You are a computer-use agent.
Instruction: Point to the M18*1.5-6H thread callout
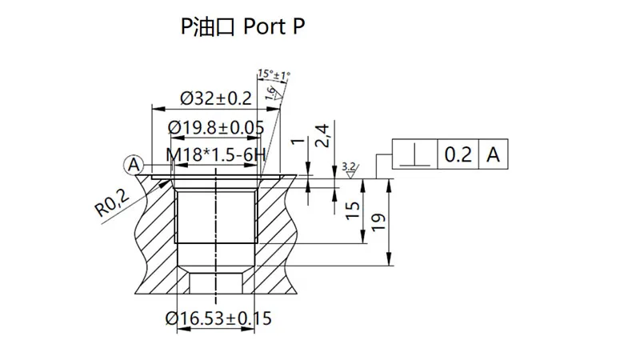click(x=215, y=154)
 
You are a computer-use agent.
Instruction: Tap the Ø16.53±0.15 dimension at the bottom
click(x=218, y=318)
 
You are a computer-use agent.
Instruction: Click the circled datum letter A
click(x=134, y=165)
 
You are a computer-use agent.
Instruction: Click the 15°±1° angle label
click(x=274, y=74)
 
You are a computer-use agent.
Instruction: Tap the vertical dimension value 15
click(x=350, y=212)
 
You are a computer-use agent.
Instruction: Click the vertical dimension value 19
click(x=378, y=220)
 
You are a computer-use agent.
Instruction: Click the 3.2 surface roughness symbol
click(x=349, y=168)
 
